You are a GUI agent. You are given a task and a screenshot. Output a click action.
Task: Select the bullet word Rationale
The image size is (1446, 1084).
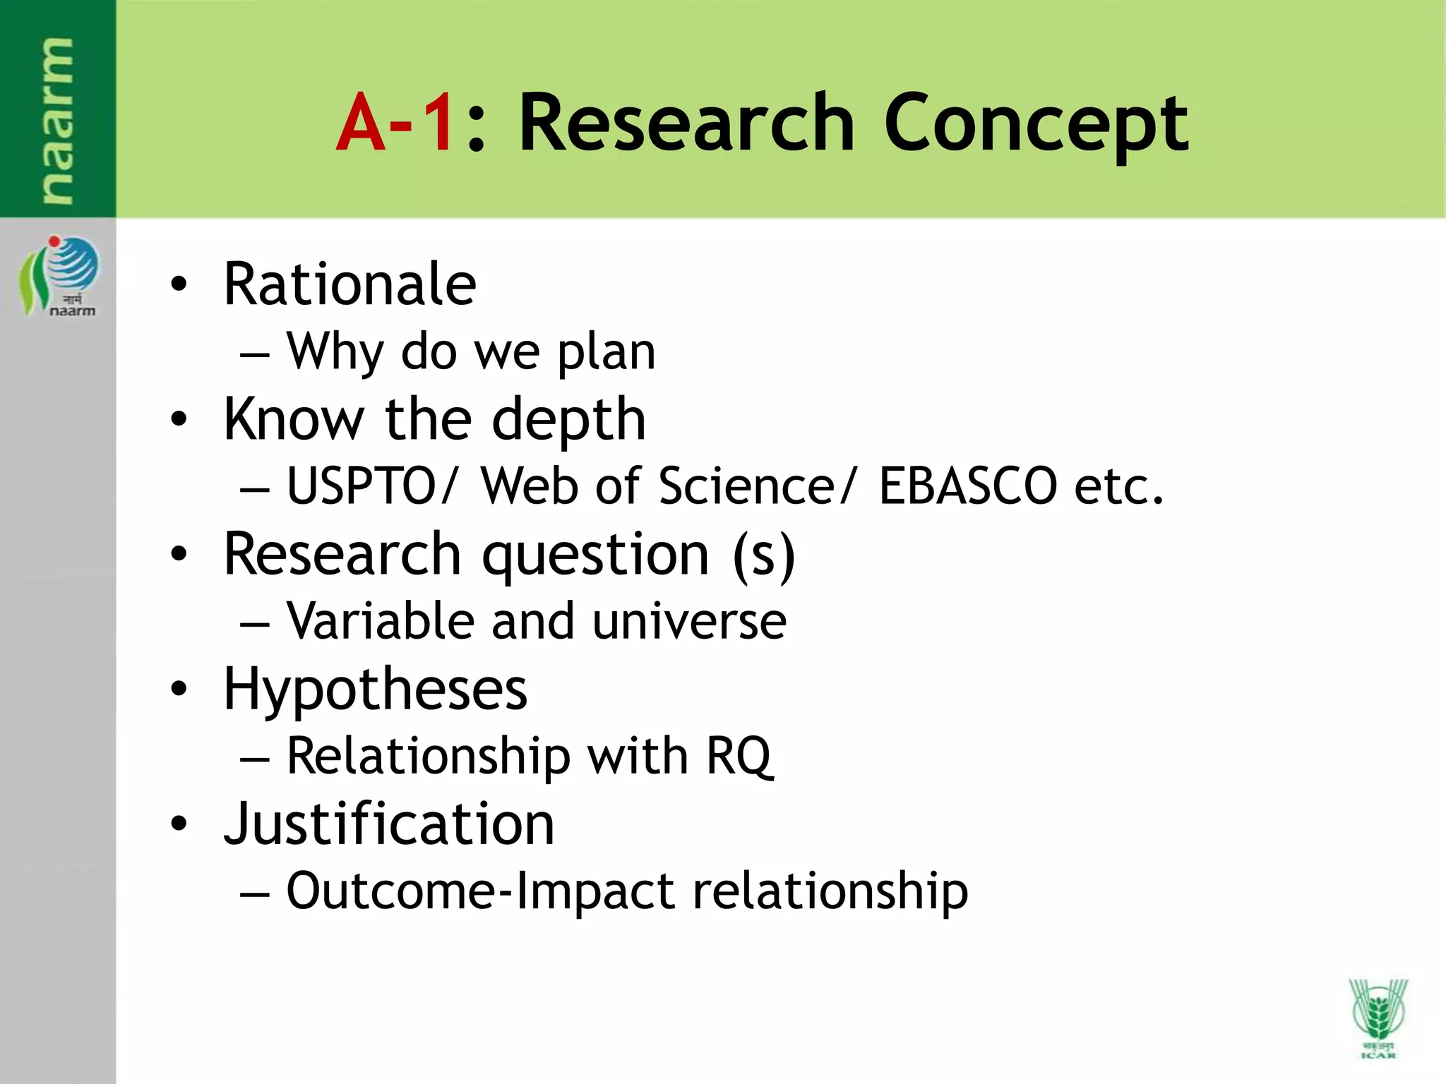[x=350, y=284]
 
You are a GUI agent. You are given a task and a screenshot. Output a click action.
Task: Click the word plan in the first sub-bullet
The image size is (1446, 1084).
[x=607, y=351]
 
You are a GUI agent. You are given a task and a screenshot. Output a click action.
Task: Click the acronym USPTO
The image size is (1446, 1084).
[x=362, y=486]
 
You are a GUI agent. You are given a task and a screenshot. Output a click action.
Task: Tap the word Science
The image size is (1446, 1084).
[x=746, y=486]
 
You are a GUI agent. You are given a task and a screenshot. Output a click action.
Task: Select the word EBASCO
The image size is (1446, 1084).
[x=967, y=486]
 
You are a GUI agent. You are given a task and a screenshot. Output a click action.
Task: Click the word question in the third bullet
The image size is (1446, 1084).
[x=595, y=555]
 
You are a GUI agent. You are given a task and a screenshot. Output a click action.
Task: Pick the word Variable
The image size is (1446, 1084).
[x=380, y=621]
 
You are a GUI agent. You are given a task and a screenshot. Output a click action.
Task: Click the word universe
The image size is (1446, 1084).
[x=689, y=622]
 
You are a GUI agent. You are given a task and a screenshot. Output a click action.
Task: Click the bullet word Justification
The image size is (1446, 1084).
[x=389, y=824]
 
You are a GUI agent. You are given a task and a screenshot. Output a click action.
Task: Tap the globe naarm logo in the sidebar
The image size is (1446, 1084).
[x=59, y=275]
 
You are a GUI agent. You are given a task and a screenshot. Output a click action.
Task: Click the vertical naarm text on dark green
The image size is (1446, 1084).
[x=56, y=120]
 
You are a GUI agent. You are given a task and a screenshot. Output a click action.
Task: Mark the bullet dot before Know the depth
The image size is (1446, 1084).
[x=179, y=420]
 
